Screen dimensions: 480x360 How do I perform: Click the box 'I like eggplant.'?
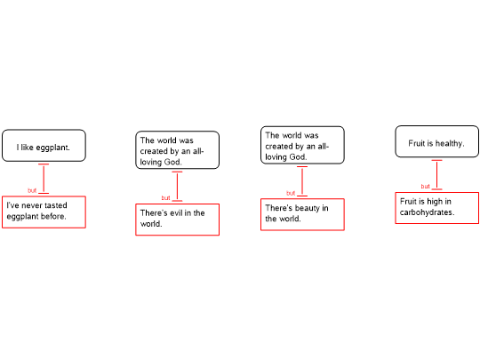(x=44, y=146)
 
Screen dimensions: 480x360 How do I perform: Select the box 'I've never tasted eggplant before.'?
(x=44, y=212)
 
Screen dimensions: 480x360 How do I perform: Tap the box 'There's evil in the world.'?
(x=177, y=220)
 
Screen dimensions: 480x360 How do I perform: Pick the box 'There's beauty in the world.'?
(x=302, y=214)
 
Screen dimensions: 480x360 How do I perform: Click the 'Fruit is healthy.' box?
(x=436, y=141)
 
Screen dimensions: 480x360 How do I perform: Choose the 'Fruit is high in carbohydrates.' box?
(x=436, y=208)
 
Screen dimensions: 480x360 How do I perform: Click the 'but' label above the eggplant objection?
(x=32, y=190)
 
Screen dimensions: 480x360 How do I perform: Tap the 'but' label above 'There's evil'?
(x=165, y=197)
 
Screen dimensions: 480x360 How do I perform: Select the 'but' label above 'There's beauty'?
(x=291, y=193)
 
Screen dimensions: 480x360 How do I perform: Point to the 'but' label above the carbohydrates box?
(x=425, y=186)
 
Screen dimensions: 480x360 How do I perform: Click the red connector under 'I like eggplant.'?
(x=44, y=179)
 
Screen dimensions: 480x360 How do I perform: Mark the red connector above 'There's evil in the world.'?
(x=177, y=186)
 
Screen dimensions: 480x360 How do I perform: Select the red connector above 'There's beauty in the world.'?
(x=302, y=181)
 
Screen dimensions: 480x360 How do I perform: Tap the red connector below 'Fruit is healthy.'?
(x=436, y=175)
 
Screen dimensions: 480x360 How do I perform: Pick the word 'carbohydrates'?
(x=426, y=212)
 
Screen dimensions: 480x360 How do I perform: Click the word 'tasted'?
(x=56, y=205)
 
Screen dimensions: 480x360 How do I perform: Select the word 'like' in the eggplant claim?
(x=28, y=148)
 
